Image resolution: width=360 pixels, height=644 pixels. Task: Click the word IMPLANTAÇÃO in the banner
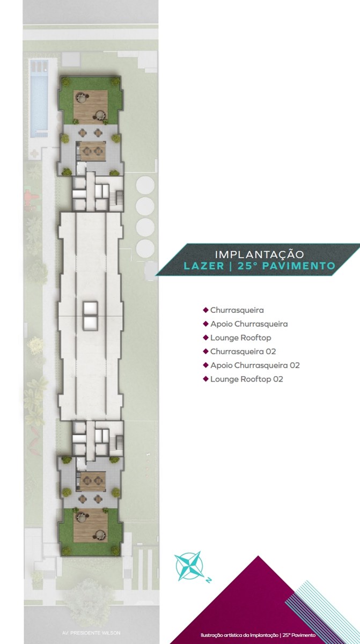point(259,254)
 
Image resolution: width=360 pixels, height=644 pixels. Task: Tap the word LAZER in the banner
point(204,266)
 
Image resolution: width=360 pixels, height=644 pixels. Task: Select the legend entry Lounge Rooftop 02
point(246,379)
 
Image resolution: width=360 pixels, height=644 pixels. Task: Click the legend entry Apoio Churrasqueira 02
point(255,365)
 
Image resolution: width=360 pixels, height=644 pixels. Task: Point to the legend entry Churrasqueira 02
point(243,352)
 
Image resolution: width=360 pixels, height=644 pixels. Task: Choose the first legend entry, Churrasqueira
point(237,310)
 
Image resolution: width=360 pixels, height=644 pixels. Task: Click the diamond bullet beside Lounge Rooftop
point(205,338)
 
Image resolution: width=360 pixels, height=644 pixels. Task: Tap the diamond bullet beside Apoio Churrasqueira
point(205,324)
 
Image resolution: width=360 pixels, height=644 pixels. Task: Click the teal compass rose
point(189,566)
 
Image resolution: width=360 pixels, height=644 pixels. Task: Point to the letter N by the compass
point(209,581)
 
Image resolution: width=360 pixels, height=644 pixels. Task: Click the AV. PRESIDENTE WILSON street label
point(91,633)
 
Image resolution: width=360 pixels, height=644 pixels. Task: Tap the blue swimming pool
point(39,103)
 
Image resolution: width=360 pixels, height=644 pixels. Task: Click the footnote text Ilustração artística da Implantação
point(239,635)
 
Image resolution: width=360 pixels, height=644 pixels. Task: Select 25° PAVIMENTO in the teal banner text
point(286,266)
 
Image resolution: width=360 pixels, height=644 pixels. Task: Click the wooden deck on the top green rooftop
point(91,107)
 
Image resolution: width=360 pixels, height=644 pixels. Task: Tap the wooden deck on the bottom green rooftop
point(91,526)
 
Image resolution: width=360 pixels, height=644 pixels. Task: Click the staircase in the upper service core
point(120,198)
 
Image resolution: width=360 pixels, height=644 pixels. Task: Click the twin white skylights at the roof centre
point(90,316)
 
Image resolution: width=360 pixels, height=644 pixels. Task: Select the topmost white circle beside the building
point(145,185)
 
